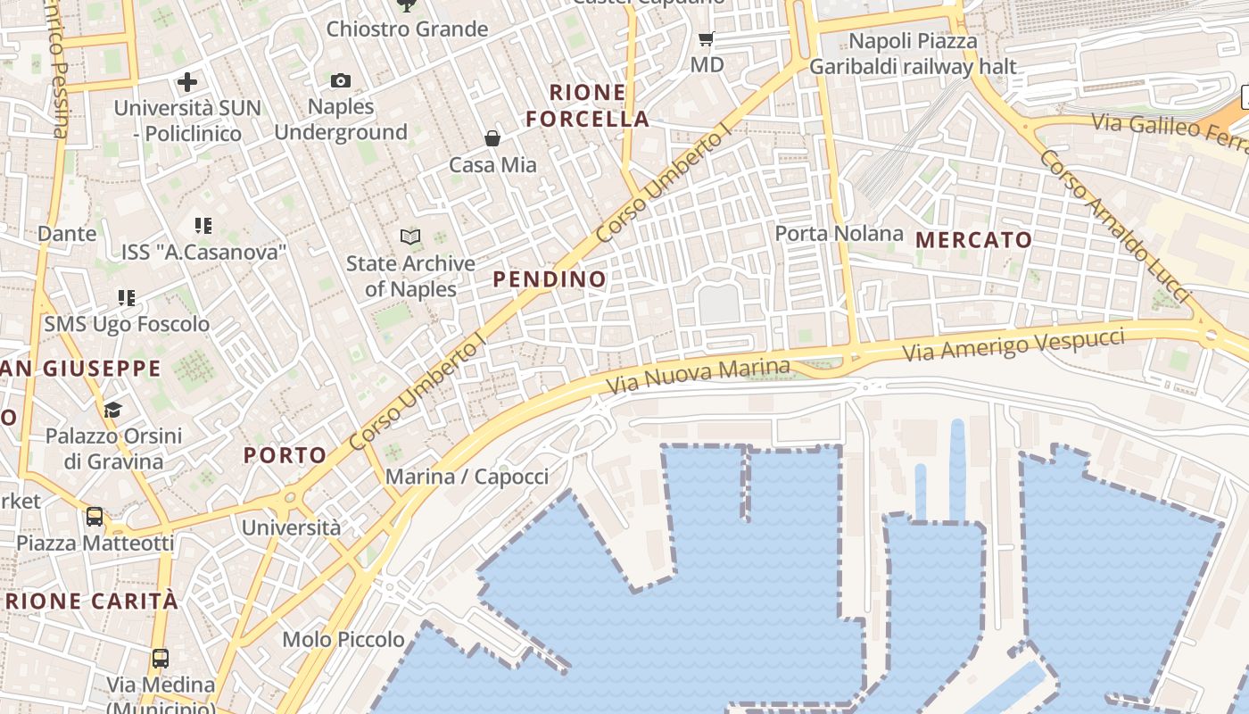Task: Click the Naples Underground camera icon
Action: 340,81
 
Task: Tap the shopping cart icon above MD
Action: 707,39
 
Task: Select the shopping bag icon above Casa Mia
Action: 492,138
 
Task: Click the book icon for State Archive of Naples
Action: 410,237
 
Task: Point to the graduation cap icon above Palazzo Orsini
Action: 112,410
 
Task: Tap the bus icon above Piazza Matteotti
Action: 94,516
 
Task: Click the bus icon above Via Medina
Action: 161,659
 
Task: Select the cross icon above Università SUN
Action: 187,83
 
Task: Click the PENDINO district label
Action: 550,279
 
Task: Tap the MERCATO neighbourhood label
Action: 973,240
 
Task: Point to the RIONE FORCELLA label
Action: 587,105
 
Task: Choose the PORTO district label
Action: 285,455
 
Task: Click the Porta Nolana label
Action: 839,234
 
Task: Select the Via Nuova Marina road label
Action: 699,378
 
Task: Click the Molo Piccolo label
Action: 343,639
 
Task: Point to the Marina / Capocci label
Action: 467,477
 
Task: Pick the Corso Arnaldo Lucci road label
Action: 1115,225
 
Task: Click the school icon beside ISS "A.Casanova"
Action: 203,226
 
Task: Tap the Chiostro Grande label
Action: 407,29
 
